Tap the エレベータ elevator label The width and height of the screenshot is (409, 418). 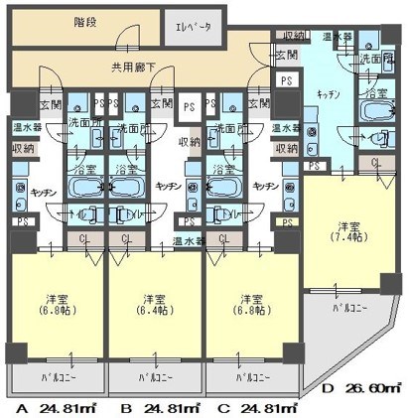tap(194, 28)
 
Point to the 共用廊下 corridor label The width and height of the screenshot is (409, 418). tap(131, 68)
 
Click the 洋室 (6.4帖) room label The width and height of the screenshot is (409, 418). tap(153, 304)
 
